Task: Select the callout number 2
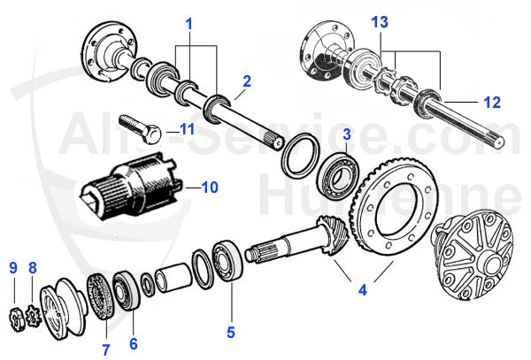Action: tap(247, 80)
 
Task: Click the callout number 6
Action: tap(135, 342)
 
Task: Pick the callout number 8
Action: tap(33, 268)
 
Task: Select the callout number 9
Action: tap(13, 268)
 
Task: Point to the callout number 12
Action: tap(492, 103)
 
